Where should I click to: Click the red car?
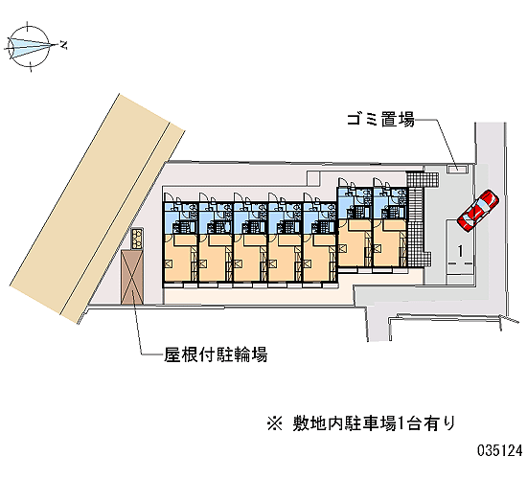pyautogui.click(x=477, y=211)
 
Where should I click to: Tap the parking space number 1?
pyautogui.click(x=460, y=251)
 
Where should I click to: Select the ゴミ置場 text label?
pyautogui.click(x=380, y=120)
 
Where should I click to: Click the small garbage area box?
pyautogui.click(x=457, y=169)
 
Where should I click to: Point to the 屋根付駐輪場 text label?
pyautogui.click(x=216, y=354)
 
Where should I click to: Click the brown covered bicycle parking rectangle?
pyautogui.click(x=132, y=277)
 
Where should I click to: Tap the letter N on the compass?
pyautogui.click(x=63, y=44)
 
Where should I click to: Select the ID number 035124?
pyautogui.click(x=500, y=450)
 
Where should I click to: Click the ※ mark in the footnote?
pyautogui.click(x=275, y=423)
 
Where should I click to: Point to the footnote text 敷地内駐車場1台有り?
pyautogui.click(x=374, y=423)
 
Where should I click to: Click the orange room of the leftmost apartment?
pyautogui.click(x=177, y=258)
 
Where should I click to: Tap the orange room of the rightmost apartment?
pyautogui.click(x=388, y=242)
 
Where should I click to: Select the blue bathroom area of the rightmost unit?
pyautogui.click(x=390, y=204)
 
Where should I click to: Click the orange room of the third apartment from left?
pyautogui.click(x=247, y=258)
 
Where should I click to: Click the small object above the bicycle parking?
pyautogui.click(x=137, y=239)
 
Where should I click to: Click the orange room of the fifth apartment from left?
pyautogui.click(x=316, y=258)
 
